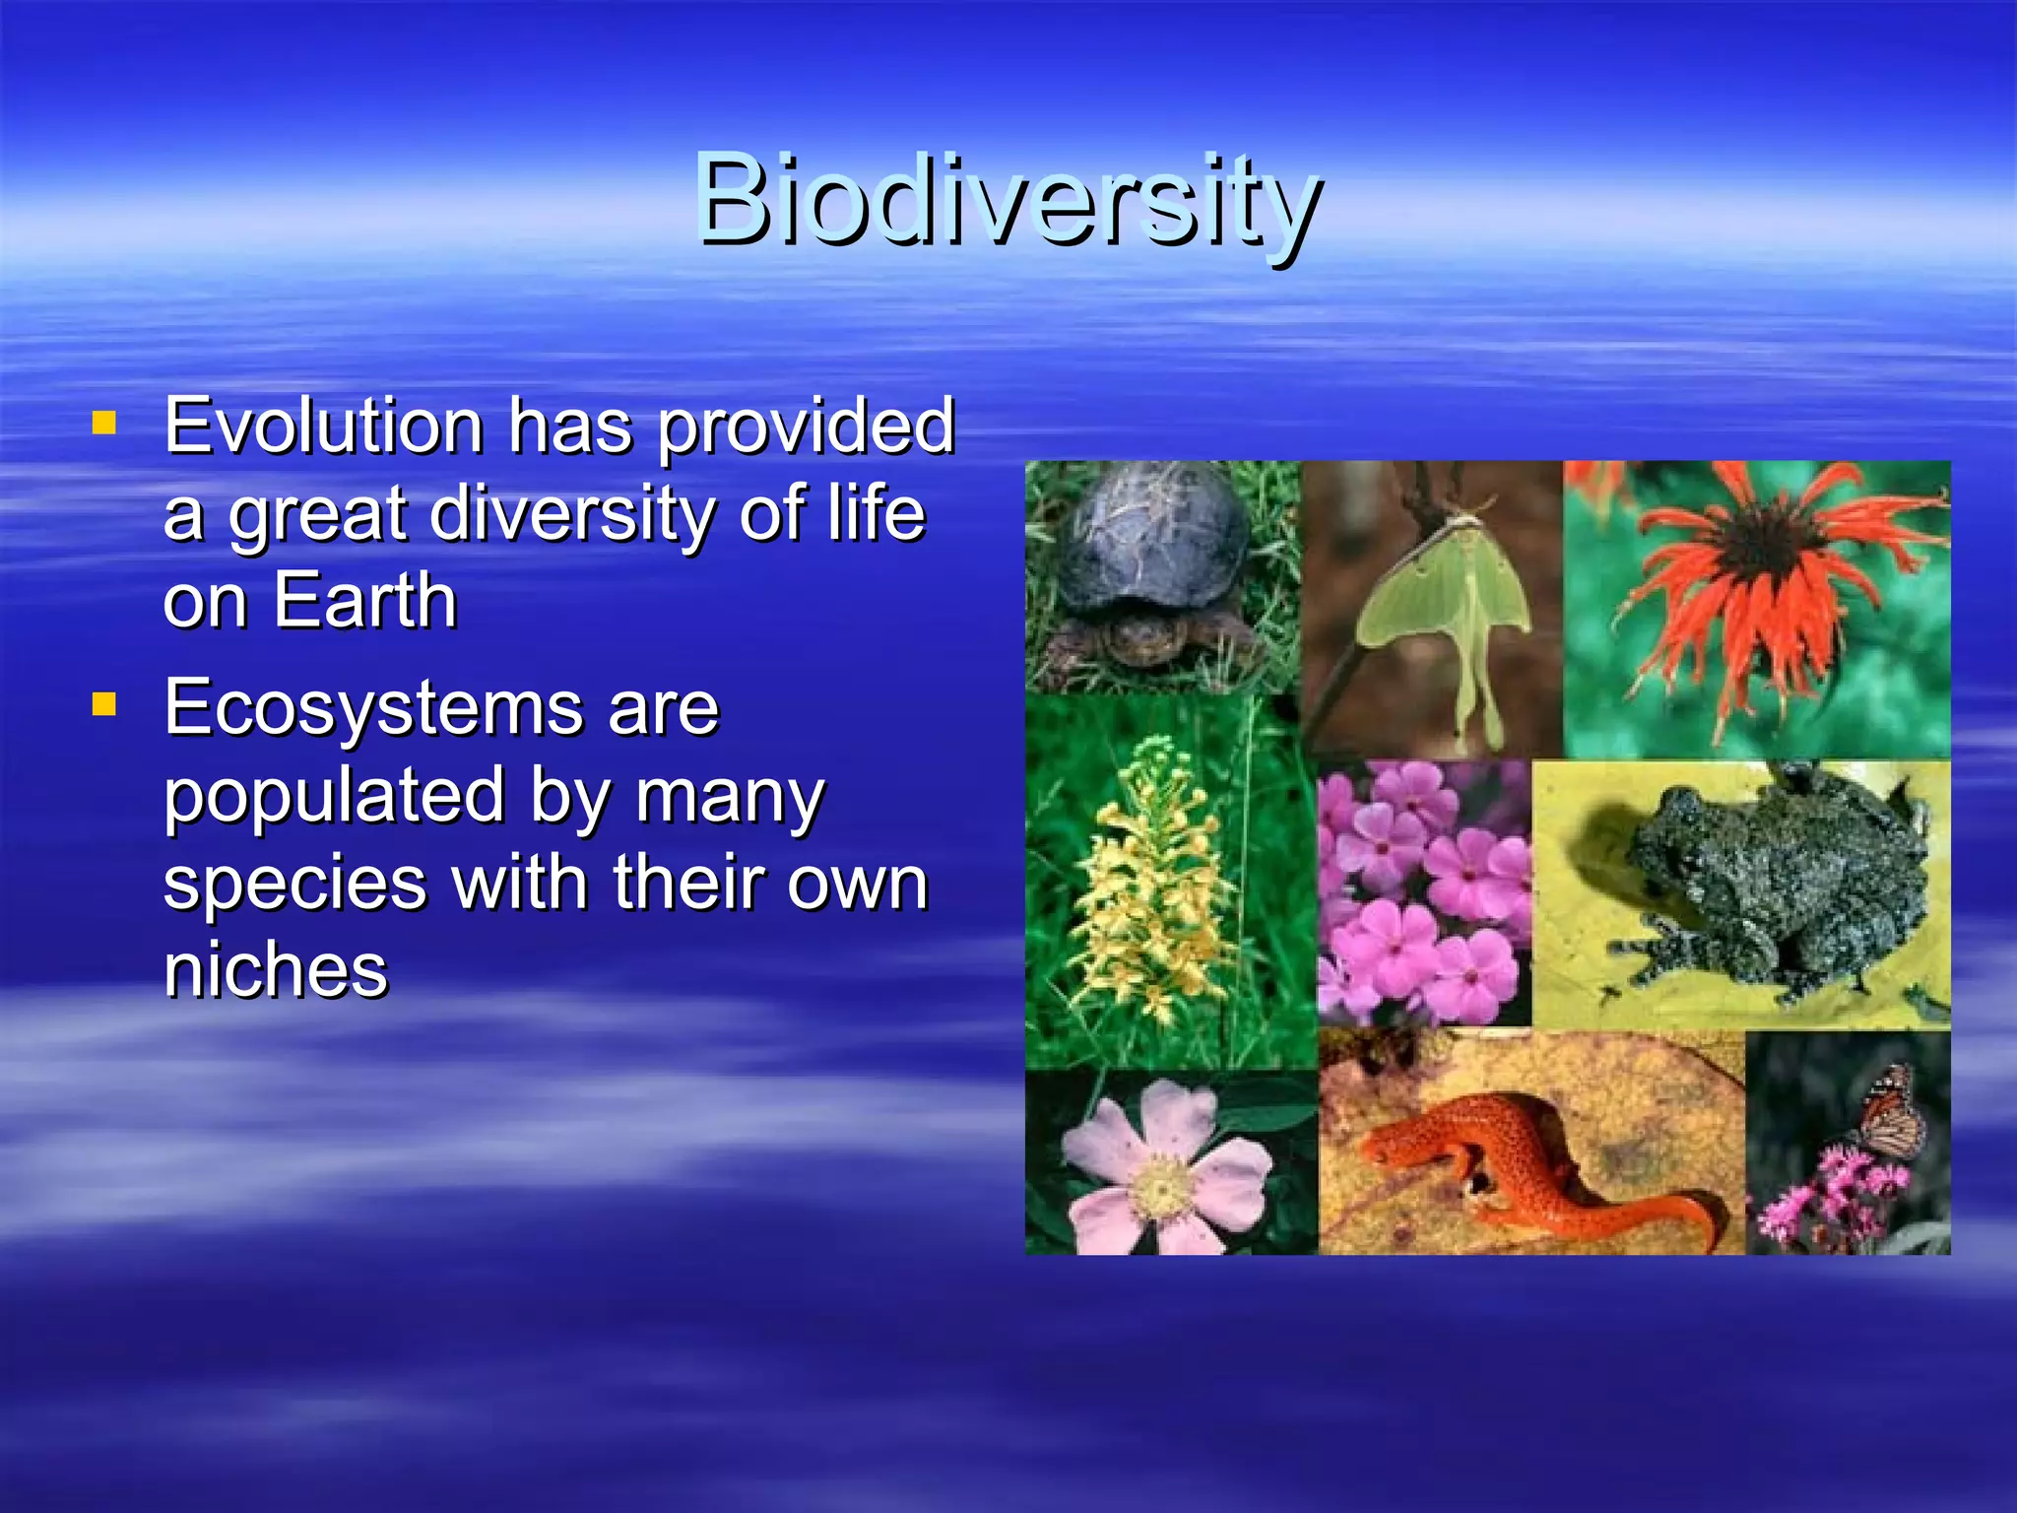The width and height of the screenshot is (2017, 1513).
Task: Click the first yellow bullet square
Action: pyautogui.click(x=104, y=424)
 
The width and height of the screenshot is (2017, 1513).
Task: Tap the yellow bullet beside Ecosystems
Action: pyautogui.click(x=104, y=705)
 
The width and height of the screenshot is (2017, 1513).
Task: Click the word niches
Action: pyautogui.click(x=276, y=970)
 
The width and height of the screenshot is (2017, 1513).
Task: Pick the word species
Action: pyautogui.click(x=294, y=884)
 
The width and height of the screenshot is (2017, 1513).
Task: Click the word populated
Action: pyautogui.click(x=334, y=796)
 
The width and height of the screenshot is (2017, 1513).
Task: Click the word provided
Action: pyautogui.click(x=806, y=426)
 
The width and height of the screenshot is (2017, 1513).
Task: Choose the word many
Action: pyautogui.click(x=729, y=796)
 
